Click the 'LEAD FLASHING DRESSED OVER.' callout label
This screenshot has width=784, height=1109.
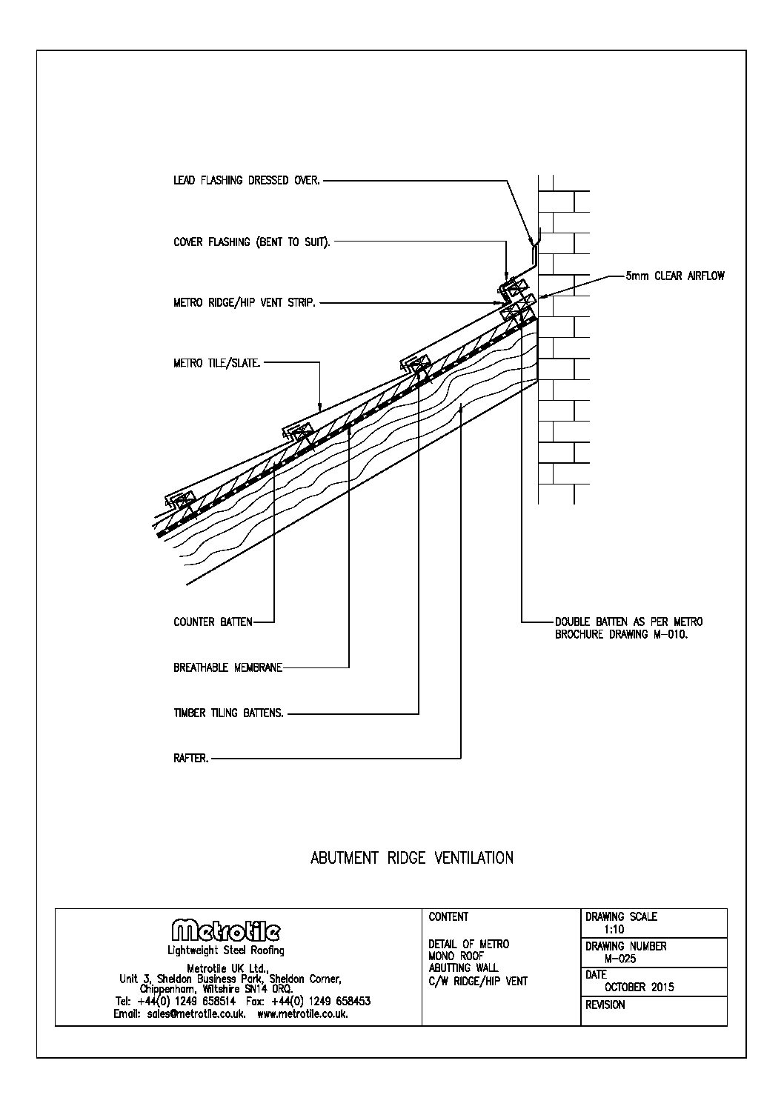247,180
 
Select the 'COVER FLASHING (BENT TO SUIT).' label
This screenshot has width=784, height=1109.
252,242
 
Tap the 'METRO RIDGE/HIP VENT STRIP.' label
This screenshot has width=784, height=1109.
245,303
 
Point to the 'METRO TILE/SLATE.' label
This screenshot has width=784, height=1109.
217,363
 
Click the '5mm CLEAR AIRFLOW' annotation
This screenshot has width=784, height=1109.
675,276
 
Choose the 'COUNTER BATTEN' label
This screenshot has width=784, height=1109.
213,622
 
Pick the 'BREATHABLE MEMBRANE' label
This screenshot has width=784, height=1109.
227,667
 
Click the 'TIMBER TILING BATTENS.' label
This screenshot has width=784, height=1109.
228,713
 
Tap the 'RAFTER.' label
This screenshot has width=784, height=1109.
191,759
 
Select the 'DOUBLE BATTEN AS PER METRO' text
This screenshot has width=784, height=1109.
628,622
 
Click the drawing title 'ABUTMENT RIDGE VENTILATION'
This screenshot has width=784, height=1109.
411,858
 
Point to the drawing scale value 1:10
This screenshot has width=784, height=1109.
614,930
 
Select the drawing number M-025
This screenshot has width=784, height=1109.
620,959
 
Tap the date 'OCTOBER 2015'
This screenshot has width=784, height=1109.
640,987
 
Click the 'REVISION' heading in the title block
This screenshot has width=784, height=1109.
605,1005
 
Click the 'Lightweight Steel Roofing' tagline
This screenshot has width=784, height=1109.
225,950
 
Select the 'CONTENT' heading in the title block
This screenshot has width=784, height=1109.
448,917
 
